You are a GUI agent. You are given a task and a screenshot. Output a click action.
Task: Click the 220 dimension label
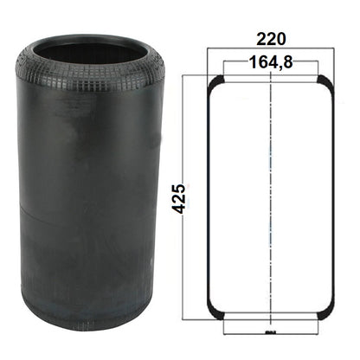(x=271, y=39)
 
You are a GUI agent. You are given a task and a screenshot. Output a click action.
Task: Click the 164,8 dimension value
(x=271, y=62)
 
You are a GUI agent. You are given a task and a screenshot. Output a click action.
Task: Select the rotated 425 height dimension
(x=180, y=198)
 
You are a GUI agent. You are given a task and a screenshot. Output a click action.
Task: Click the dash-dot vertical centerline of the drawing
(x=271, y=199)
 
